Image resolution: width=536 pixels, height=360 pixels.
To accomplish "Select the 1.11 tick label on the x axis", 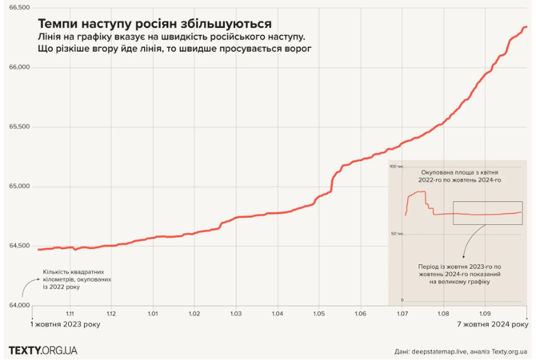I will tap(70, 313).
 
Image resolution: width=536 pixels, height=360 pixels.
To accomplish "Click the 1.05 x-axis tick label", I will tap(319, 313).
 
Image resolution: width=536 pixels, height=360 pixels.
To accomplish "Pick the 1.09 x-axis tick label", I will tap(484, 313).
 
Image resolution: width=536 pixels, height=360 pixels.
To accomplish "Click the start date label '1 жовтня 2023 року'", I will tap(66, 325).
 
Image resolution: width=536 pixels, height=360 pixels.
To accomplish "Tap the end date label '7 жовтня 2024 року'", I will tap(493, 325).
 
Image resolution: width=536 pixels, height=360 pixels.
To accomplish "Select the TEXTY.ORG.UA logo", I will tap(43, 350).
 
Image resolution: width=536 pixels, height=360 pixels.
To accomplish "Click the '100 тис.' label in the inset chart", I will tap(396, 166).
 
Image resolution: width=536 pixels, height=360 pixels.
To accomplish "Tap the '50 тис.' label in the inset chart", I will tap(397, 234).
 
